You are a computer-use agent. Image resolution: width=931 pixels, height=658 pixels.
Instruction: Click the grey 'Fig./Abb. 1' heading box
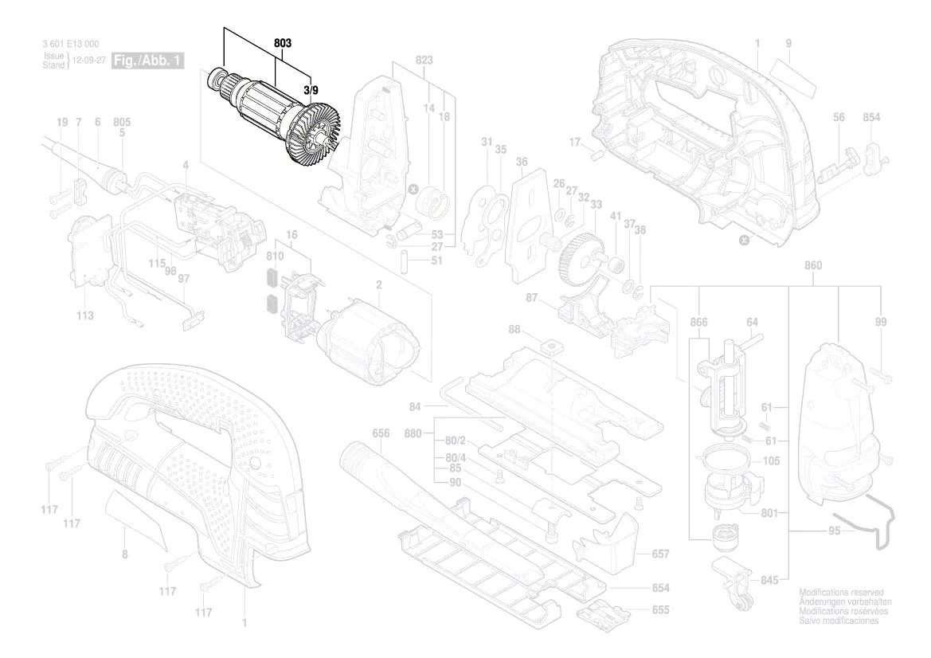pos(148,61)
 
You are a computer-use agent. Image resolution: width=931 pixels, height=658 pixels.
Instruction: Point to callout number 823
pos(424,60)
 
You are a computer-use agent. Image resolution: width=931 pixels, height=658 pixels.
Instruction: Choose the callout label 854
pos(871,118)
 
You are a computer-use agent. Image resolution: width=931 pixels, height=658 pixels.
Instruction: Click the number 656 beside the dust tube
pos(381,433)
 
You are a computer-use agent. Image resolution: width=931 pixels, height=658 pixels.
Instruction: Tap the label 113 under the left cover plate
pos(85,316)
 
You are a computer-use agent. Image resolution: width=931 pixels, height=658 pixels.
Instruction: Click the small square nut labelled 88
pos(547,347)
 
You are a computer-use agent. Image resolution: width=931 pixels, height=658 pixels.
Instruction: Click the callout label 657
pos(660,554)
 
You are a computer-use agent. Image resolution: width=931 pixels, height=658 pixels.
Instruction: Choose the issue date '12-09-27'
pos(88,61)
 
